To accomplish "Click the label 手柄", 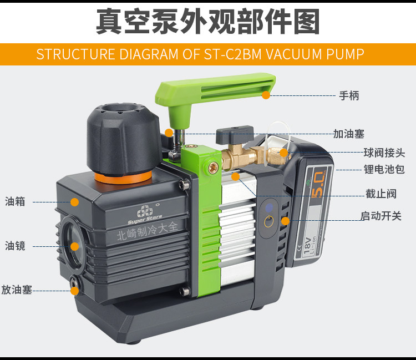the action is click(x=349, y=95).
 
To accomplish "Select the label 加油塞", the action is click(x=349, y=134).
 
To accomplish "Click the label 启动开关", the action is click(x=381, y=216).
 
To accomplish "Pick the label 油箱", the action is click(x=15, y=201).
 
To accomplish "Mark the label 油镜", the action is click(x=15, y=245).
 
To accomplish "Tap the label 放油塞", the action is click(x=17, y=290).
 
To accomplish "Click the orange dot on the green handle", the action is click(x=266, y=95).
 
